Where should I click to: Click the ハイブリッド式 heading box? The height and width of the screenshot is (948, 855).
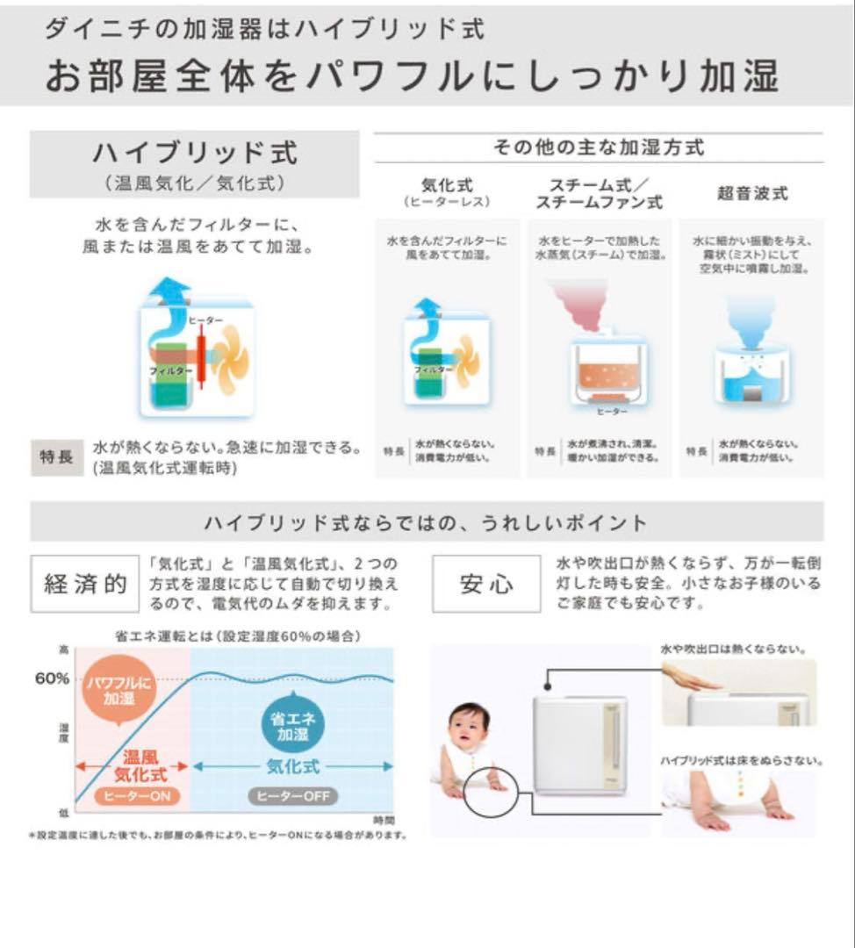pos(194,164)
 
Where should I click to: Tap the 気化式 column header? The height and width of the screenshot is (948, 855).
pos(447,192)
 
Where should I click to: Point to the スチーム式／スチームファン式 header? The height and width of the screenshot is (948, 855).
pos(599,193)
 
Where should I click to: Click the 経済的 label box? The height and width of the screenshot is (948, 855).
pos(84,585)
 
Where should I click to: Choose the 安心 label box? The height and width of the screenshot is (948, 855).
pos(485,585)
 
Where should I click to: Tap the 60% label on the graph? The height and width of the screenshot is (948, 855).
pos(52,680)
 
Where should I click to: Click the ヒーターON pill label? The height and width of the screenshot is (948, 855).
pos(131,796)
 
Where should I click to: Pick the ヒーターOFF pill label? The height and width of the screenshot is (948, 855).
pos(293,796)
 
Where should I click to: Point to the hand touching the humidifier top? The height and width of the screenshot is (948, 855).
pos(690,679)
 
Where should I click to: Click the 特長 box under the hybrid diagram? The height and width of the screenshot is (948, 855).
pos(57,457)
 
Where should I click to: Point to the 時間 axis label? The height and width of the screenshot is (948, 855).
pos(384,819)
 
